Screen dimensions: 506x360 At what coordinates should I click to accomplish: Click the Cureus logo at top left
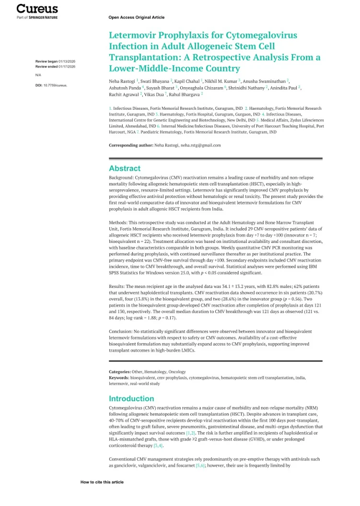tap(37, 9)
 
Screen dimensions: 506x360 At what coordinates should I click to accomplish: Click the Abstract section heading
tap(125, 168)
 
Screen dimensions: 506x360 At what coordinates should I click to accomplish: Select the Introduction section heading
tap(131, 398)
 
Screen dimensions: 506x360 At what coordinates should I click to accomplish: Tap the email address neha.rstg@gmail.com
tap(200, 145)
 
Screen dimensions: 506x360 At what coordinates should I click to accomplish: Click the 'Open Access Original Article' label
tap(136, 17)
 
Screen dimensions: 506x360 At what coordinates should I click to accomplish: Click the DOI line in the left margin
tap(51, 85)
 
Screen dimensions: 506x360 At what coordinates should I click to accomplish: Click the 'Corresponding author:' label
tap(131, 145)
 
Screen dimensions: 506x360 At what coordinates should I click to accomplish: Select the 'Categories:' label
tap(120, 371)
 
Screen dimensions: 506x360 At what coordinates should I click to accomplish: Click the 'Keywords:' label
tap(119, 378)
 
